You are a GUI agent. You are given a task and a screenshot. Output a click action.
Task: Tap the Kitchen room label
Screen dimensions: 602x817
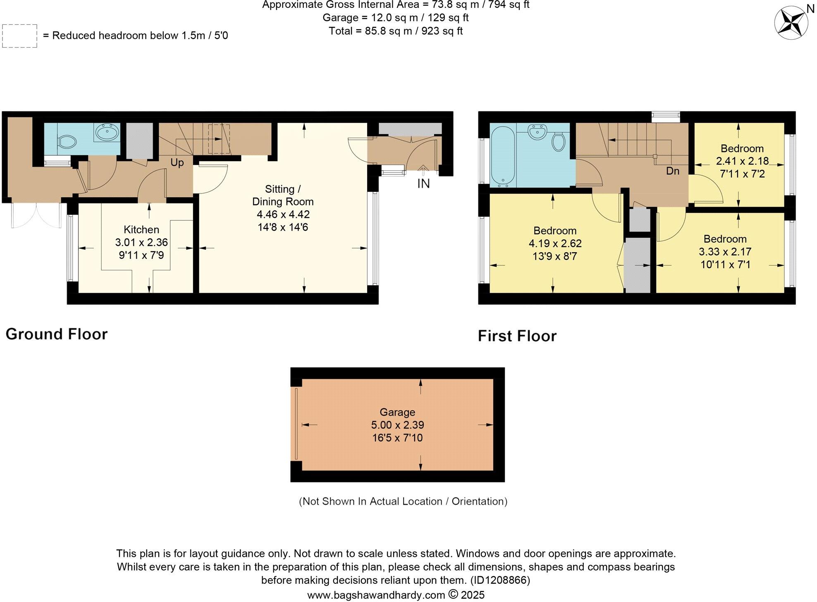pos(141,229)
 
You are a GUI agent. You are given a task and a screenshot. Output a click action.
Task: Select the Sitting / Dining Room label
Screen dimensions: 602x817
pos(283,195)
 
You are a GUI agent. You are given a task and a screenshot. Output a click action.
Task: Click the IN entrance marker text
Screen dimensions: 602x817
pos(423,184)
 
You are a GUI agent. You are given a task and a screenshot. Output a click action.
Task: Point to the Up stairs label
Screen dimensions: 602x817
pos(177,162)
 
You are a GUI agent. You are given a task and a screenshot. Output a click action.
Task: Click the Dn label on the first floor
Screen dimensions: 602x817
pos(673,171)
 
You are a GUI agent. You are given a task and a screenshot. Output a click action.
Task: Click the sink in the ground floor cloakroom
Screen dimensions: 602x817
pos(107,133)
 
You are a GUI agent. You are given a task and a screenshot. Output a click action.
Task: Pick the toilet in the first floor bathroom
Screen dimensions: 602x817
pos(559,142)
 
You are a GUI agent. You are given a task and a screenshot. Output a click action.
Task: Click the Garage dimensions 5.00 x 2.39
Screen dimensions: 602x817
pos(397,425)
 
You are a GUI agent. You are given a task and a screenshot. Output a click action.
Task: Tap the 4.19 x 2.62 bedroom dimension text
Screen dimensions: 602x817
pos(555,244)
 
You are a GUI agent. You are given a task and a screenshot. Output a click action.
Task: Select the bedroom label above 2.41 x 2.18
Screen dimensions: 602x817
pos(742,148)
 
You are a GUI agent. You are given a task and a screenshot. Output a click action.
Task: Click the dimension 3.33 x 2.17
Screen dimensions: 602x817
pos(725,251)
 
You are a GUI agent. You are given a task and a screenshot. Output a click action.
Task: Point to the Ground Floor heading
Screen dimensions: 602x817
pos(57,334)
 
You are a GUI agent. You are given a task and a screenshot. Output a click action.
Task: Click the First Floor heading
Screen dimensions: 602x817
pos(517,336)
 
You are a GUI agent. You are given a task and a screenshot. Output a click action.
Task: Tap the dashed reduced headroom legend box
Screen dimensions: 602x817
pos(19,36)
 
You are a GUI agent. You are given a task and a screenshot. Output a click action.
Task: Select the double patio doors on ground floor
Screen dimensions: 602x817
pos(36,215)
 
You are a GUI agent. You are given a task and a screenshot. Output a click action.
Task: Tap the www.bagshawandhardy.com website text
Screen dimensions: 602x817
pos(376,595)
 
